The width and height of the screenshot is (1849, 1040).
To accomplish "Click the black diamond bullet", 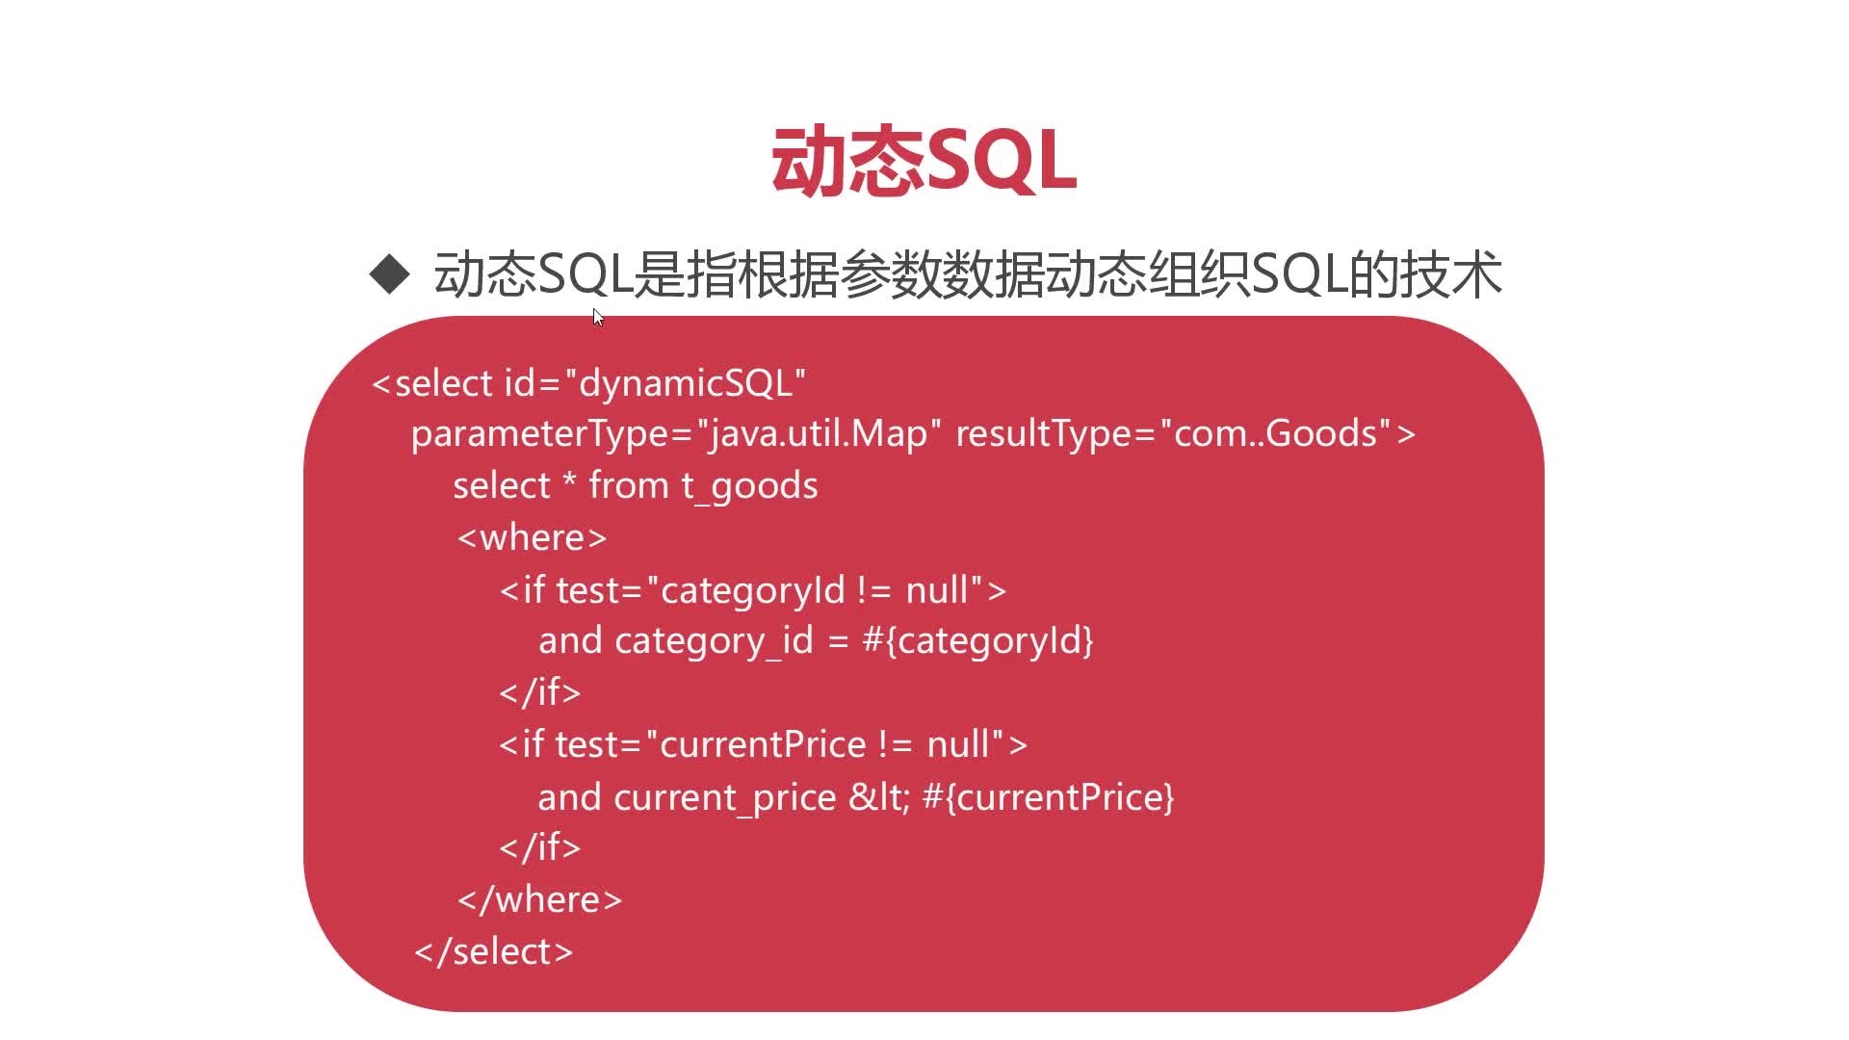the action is click(389, 273).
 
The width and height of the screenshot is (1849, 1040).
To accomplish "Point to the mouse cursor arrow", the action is click(598, 318).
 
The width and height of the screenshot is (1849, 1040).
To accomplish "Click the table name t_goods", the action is click(749, 486).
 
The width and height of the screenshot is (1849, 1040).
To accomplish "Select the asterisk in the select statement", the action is click(569, 480).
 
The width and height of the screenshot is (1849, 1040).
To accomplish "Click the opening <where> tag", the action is click(533, 537).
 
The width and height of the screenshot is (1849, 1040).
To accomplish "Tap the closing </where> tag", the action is click(540, 899).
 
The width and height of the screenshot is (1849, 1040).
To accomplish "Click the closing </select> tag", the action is click(494, 951).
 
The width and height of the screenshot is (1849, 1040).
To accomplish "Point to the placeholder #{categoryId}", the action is click(978, 640).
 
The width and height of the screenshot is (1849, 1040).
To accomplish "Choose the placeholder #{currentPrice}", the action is click(1049, 797).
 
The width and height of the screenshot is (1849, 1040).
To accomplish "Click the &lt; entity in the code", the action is click(879, 797).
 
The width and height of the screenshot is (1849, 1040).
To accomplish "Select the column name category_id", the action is click(714, 641).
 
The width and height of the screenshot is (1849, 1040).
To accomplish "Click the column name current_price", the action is click(725, 798).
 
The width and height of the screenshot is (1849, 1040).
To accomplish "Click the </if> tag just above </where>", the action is click(540, 847).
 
